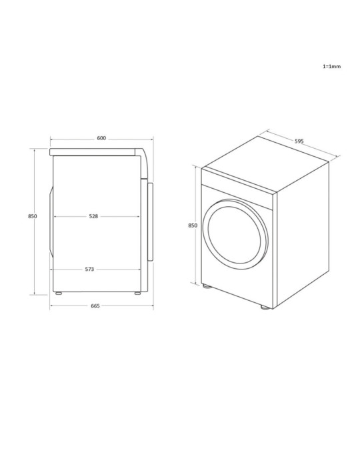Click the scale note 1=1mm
[332, 67]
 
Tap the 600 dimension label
[101, 138]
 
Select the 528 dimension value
[93, 216]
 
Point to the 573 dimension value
[89, 270]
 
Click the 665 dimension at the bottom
[95, 306]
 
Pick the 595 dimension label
[299, 141]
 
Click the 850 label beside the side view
[33, 216]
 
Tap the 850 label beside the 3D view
[193, 225]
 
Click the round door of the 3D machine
[237, 233]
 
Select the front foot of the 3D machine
[266, 308]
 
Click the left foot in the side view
[59, 293]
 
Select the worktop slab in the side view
[93, 152]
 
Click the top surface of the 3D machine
[267, 163]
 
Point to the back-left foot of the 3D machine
[207, 287]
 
